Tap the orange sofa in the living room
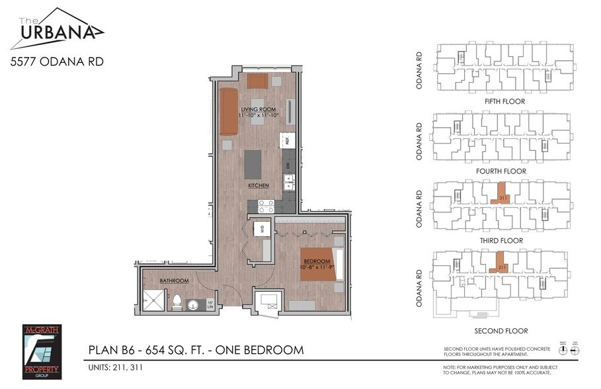click(229, 110)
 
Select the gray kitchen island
click(253, 164)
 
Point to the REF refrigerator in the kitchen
click(287, 140)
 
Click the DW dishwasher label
click(288, 165)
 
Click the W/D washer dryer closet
click(262, 229)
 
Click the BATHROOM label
click(174, 281)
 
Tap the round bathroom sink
click(192, 306)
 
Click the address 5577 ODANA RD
click(57, 62)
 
